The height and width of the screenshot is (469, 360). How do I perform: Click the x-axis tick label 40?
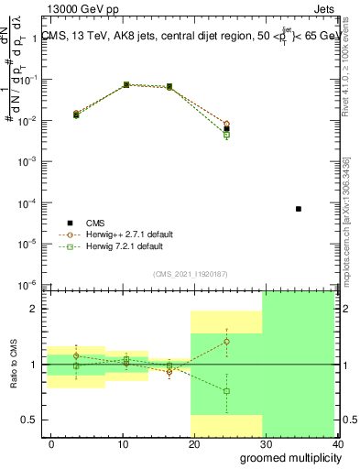coord(340,443)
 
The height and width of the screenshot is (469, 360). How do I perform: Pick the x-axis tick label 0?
coord(50,443)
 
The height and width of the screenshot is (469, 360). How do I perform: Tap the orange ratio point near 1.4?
coord(226,342)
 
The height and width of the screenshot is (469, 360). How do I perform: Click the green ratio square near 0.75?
coord(226,391)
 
